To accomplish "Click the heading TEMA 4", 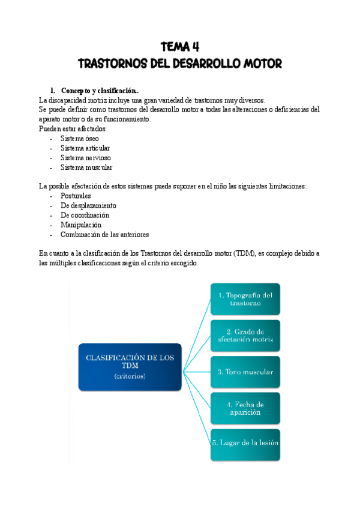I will (179, 47).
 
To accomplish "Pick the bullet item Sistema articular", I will (85, 148).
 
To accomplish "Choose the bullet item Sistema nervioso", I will (85, 158).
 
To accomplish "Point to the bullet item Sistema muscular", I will (86, 167).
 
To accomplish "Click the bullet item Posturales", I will (76, 196).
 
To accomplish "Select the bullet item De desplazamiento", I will (88, 205).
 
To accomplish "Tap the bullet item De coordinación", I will (85, 215).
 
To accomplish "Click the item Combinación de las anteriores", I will (104, 235).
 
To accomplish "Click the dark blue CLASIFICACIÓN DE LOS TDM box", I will (130, 366).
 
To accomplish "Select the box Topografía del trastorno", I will (245, 299).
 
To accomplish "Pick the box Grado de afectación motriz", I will (245, 336).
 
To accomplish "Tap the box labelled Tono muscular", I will (245, 372).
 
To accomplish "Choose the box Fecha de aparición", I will (245, 408).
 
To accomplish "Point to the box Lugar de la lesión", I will (245, 443).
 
